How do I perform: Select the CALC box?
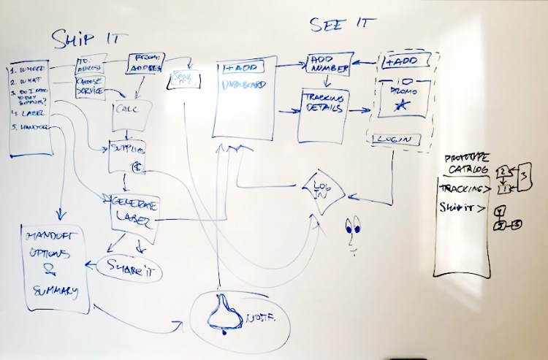pyautogui.click(x=132, y=111)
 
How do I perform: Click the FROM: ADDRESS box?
pyautogui.click(x=148, y=63)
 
